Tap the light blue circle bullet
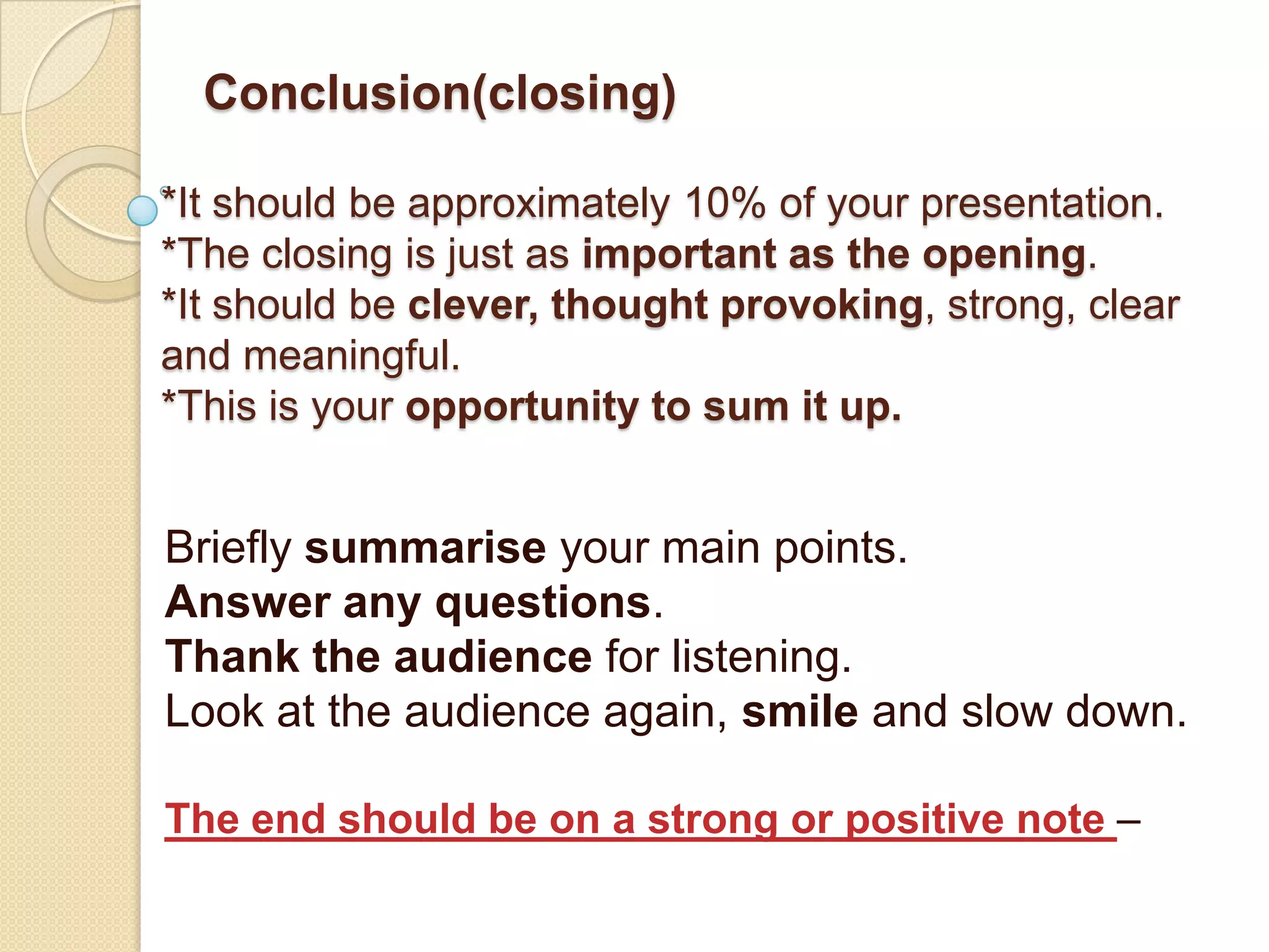pyautogui.click(x=143, y=210)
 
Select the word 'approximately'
pyautogui.click(x=538, y=205)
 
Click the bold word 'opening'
pyautogui.click(x=1004, y=255)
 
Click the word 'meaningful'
pyautogui.click(x=351, y=356)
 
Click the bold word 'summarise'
pyautogui.click(x=425, y=548)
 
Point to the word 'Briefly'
pyautogui.click(x=228, y=549)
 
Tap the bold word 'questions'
pyautogui.click(x=543, y=603)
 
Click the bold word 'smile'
pyautogui.click(x=800, y=712)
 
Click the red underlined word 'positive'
pyautogui.click(x=924, y=820)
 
